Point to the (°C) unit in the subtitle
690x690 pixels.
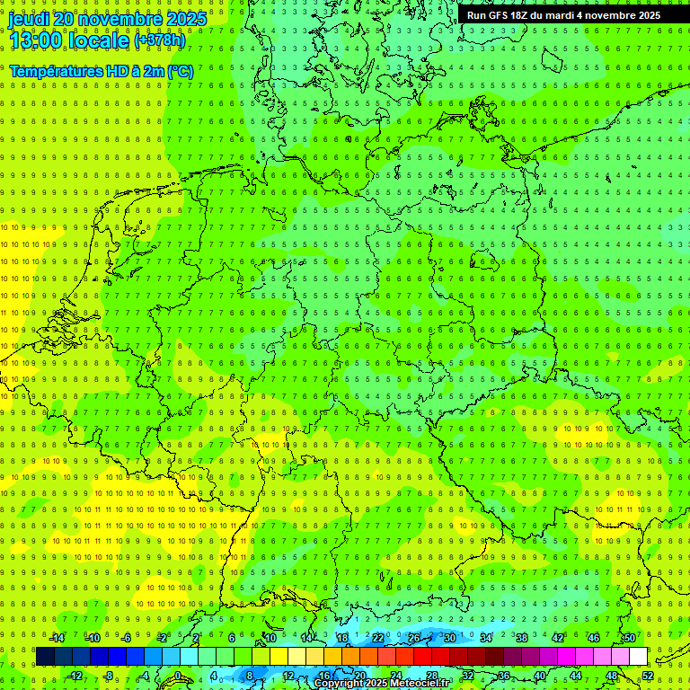pyautogui.click(x=179, y=71)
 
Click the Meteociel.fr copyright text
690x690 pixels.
pyautogui.click(x=382, y=684)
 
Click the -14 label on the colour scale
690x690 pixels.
pyautogui.click(x=57, y=638)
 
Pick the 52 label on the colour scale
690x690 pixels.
pyautogui.click(x=648, y=676)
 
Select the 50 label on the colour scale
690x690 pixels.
pyautogui.click(x=630, y=638)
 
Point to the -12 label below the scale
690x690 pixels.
pyautogui.click(x=75, y=676)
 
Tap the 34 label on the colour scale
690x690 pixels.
pyautogui.click(x=486, y=638)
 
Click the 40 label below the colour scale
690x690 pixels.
pyautogui.click(x=540, y=676)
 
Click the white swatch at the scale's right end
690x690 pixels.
pyautogui.click(x=638, y=657)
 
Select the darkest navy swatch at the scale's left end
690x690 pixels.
pyautogui.click(x=45, y=657)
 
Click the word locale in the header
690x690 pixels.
pyautogui.click(x=98, y=40)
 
